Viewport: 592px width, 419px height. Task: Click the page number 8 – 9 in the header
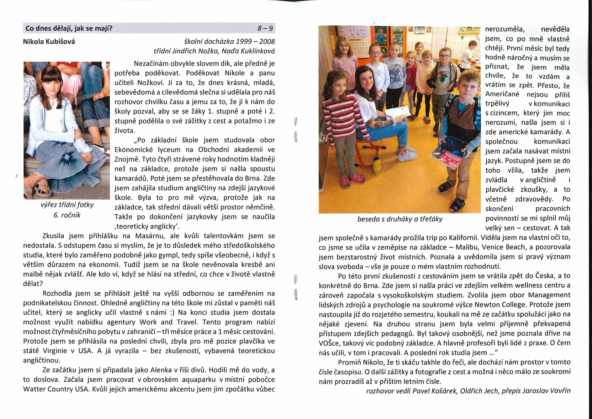click(265, 29)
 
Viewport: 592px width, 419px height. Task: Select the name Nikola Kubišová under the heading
click(49, 42)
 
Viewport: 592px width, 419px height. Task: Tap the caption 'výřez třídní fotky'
click(67, 205)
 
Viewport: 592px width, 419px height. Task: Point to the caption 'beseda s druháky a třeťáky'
click(400, 219)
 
